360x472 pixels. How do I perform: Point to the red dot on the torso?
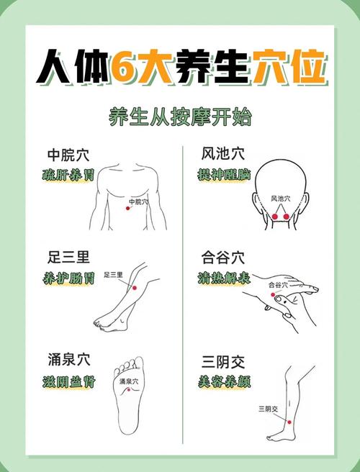click(x=128, y=208)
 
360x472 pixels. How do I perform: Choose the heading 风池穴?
click(x=222, y=154)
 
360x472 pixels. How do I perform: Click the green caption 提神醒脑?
click(x=222, y=174)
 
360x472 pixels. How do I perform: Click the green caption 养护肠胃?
click(x=68, y=278)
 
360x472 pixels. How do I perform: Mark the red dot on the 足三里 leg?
click(x=134, y=287)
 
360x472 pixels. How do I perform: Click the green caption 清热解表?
click(x=223, y=278)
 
